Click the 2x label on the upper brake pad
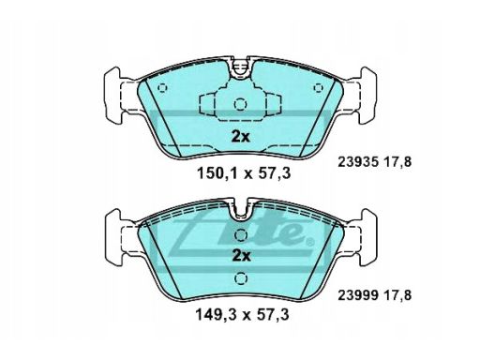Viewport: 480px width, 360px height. (x=241, y=137)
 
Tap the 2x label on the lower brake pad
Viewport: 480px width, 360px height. (x=241, y=256)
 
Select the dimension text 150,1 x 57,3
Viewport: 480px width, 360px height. (x=244, y=173)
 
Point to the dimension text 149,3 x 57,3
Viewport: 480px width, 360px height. (x=242, y=315)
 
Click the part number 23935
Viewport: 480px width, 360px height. (x=358, y=162)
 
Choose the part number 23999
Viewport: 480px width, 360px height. (x=358, y=295)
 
